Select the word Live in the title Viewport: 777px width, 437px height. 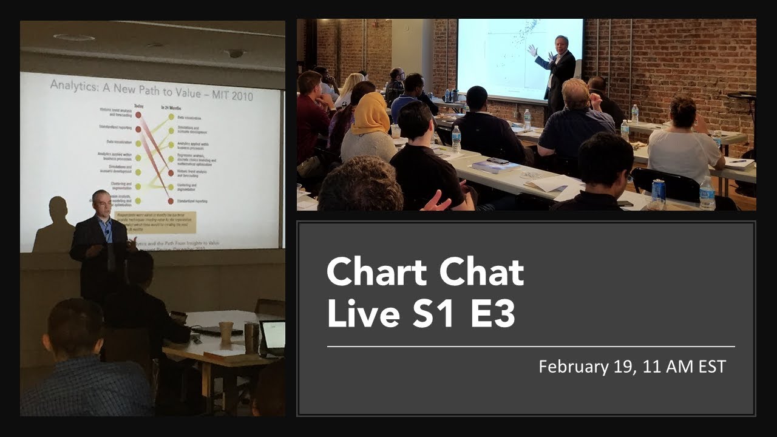[355, 315]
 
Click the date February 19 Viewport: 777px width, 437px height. [583, 367]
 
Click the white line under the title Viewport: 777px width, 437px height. [531, 347]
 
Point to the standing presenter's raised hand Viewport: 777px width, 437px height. [532, 50]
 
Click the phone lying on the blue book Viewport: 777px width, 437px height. [498, 161]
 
